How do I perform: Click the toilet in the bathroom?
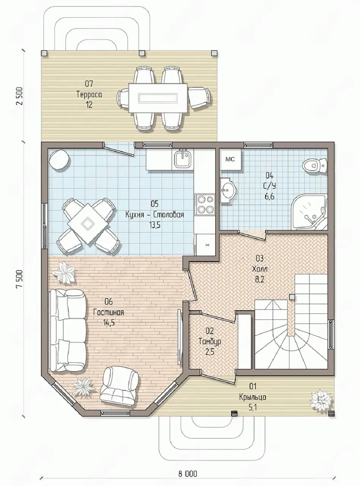click(x=315, y=164)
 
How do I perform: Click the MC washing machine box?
click(x=230, y=159)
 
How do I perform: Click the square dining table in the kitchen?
click(x=88, y=224)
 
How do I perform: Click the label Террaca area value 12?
click(x=89, y=105)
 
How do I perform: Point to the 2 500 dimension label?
click(x=19, y=96)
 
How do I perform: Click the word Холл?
click(x=260, y=269)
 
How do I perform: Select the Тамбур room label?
click(x=210, y=342)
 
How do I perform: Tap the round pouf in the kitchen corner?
click(x=59, y=159)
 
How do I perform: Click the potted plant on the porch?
click(x=321, y=399)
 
